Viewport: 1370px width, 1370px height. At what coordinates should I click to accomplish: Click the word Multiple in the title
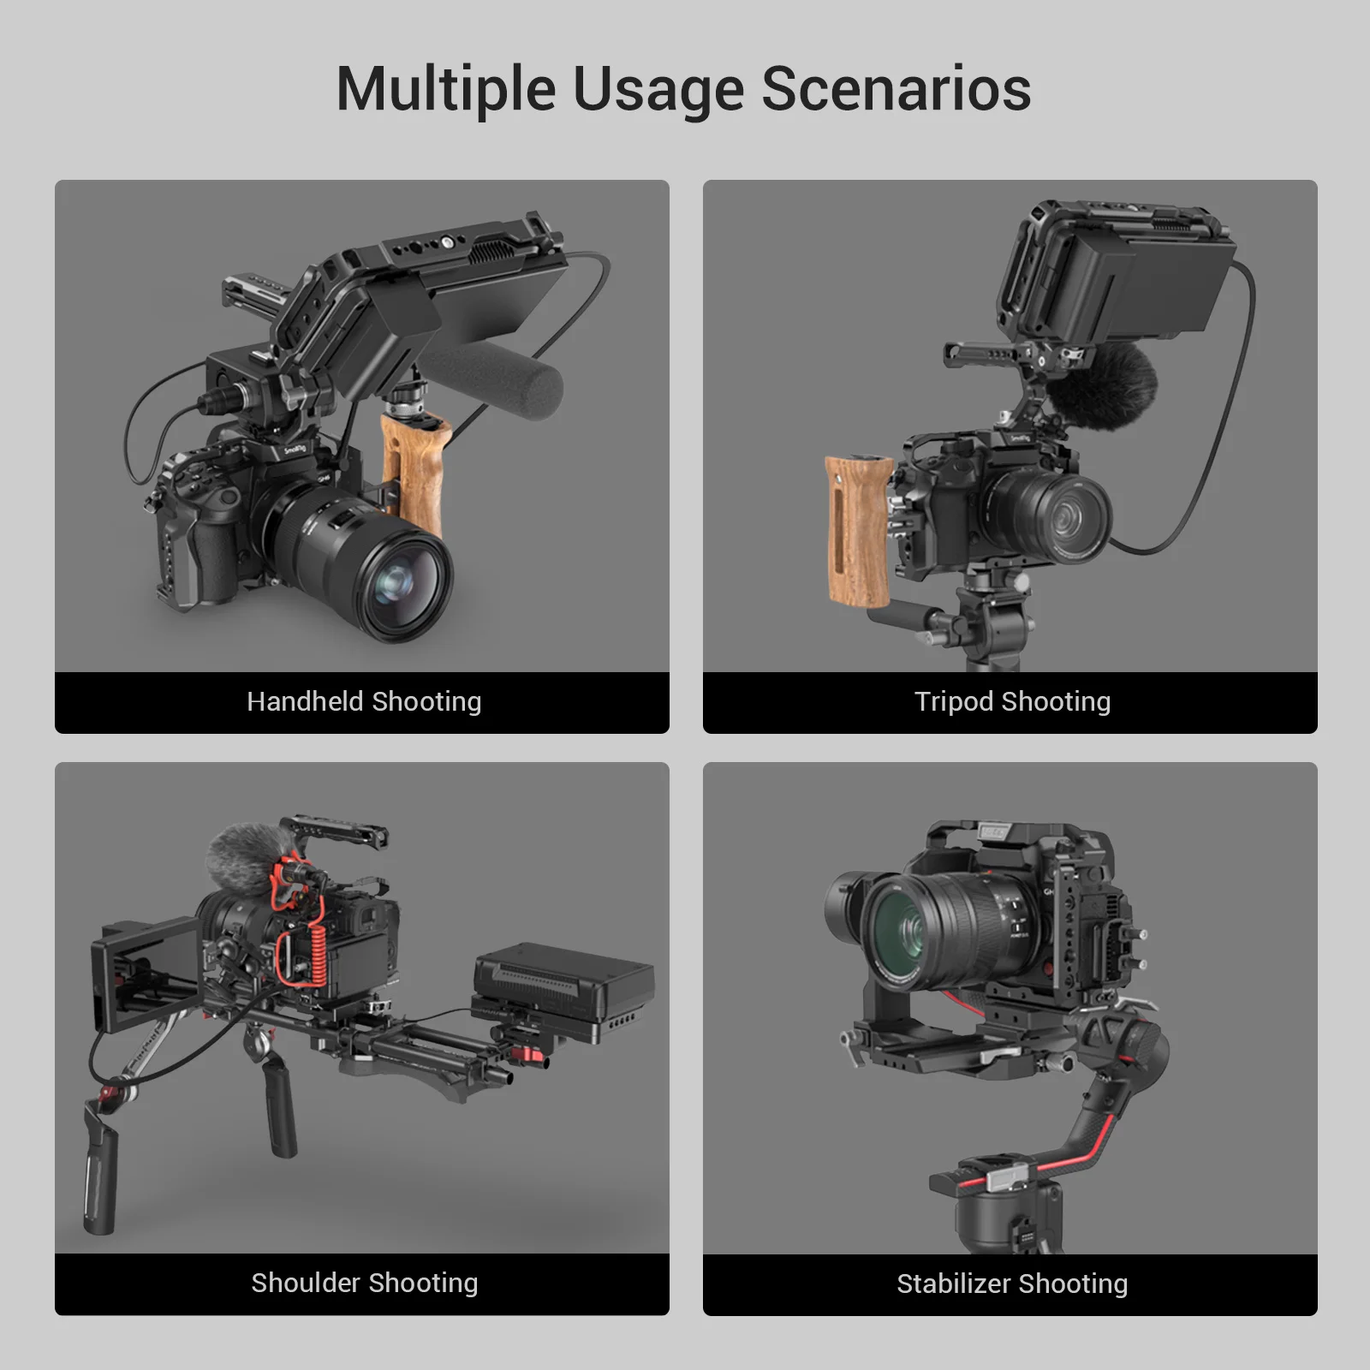[445, 90]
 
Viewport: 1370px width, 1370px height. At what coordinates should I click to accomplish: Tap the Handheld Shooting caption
[363, 702]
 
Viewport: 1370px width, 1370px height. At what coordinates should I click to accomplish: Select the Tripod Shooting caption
[1012, 702]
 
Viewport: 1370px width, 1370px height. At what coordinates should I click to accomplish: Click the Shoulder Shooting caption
[363, 1284]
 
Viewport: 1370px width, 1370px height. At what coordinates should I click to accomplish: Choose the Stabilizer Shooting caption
[1012, 1284]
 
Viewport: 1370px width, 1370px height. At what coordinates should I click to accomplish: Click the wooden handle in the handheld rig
[414, 471]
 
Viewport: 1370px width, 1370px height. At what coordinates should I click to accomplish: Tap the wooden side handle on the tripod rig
[858, 531]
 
